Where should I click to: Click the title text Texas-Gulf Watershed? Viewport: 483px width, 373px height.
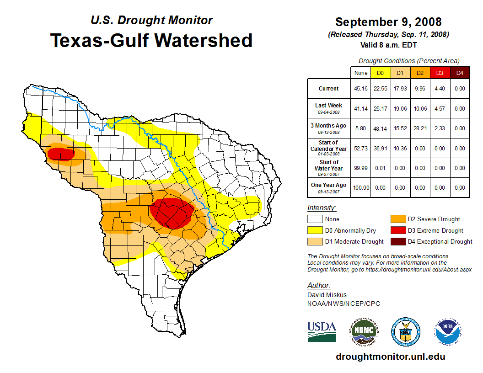(x=151, y=40)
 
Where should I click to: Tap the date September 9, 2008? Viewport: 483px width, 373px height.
(x=388, y=22)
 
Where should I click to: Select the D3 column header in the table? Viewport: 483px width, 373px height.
(x=440, y=73)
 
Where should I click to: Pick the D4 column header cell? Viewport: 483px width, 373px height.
(x=460, y=73)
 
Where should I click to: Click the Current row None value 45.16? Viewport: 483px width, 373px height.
(x=361, y=89)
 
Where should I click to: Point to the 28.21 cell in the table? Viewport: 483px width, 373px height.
(x=419, y=128)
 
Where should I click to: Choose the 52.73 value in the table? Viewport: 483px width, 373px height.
(x=361, y=148)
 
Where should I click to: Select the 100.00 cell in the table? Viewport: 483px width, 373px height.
(x=361, y=187)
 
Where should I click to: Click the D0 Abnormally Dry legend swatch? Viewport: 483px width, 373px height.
(x=315, y=230)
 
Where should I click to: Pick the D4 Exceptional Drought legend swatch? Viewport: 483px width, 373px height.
(x=398, y=241)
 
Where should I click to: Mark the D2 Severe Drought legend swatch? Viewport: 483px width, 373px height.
(x=398, y=219)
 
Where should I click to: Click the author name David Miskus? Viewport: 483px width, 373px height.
(x=327, y=295)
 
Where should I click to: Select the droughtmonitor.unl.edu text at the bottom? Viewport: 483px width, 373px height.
(x=390, y=357)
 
